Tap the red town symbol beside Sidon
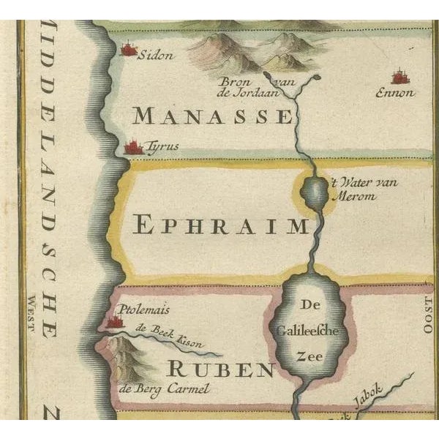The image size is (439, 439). (x=130, y=50)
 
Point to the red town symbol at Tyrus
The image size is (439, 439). (x=133, y=148)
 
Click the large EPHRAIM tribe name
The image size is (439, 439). (x=222, y=225)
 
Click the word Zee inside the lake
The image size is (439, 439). (x=308, y=356)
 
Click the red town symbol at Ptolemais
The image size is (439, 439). (x=113, y=321)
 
